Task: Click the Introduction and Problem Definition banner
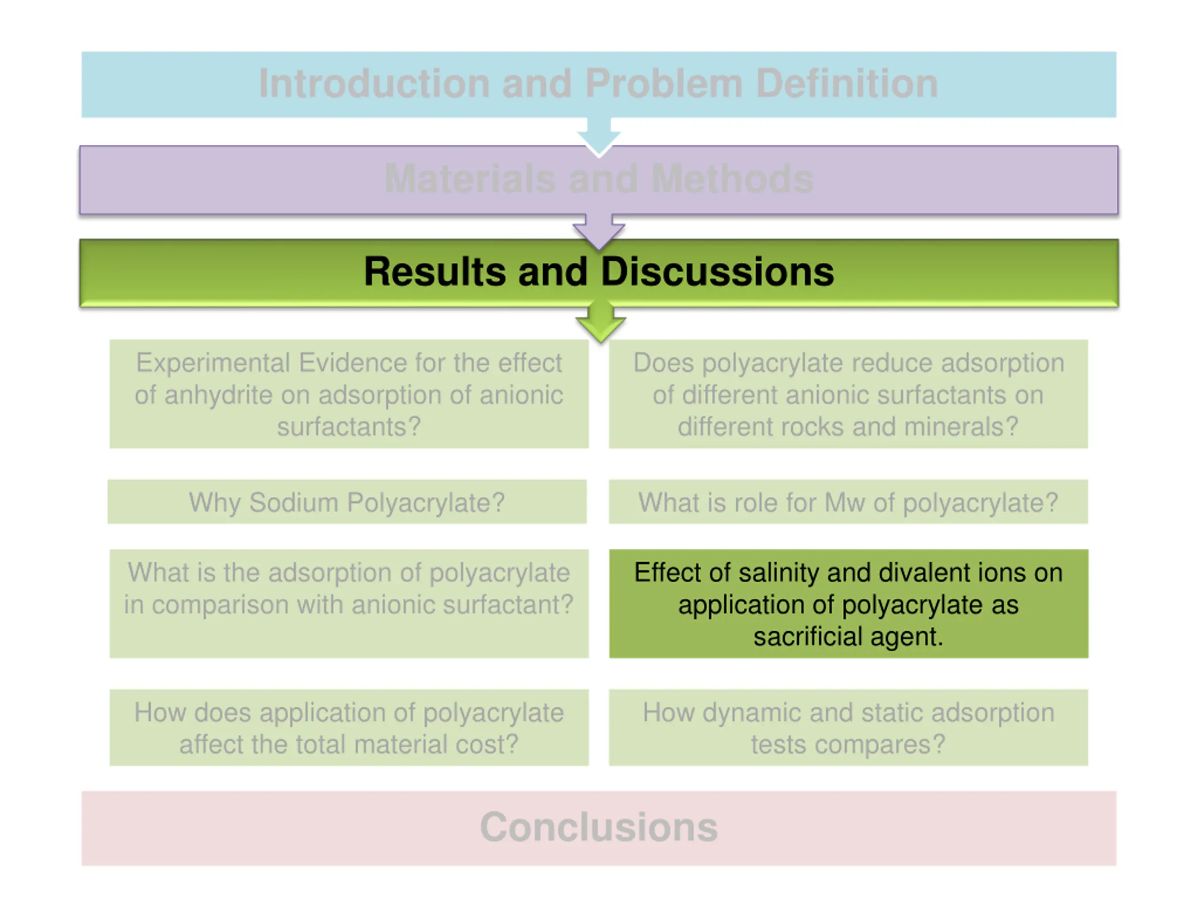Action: point(599,85)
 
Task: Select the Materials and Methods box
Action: point(599,180)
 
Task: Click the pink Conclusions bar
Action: point(599,828)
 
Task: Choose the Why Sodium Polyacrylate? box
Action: point(347,502)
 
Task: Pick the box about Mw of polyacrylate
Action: point(848,502)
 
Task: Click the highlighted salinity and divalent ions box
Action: point(849,604)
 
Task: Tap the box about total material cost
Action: point(349,727)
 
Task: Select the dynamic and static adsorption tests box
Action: point(848,727)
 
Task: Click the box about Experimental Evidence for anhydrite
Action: point(349,394)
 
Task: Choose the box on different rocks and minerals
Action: point(848,394)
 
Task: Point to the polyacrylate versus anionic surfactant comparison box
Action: point(349,604)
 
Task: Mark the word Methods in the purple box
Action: point(732,178)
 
